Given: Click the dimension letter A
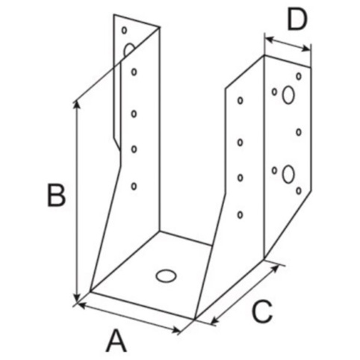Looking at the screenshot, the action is click(117, 341).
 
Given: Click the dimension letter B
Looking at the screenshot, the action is click(56, 196).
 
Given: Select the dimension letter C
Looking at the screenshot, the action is click(262, 311).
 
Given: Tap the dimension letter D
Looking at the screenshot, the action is click(297, 20).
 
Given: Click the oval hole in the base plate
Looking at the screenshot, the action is click(166, 276).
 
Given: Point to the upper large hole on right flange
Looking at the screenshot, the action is click(288, 95).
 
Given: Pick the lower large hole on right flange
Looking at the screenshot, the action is click(288, 174).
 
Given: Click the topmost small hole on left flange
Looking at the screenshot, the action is click(124, 30).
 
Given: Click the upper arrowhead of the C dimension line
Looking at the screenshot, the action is click(275, 269).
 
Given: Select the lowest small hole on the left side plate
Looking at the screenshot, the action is click(134, 186).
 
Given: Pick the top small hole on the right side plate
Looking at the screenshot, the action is click(240, 100).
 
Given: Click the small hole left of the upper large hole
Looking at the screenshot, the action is click(274, 92).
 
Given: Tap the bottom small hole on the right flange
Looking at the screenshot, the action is click(299, 190).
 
